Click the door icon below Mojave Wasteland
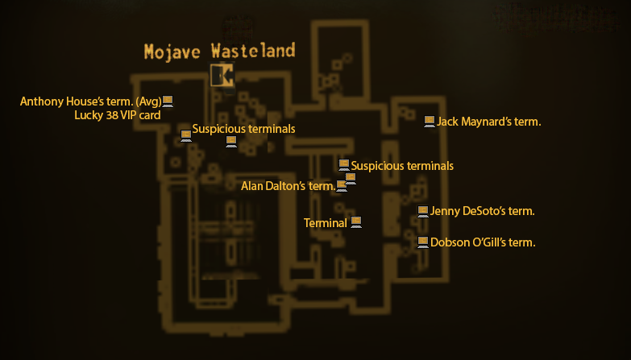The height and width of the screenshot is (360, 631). [222, 76]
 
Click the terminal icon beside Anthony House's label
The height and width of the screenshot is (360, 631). [168, 101]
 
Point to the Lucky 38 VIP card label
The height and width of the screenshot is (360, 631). [118, 115]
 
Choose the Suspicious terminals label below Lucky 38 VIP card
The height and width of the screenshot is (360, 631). [243, 129]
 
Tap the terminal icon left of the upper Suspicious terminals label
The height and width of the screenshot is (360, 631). [186, 134]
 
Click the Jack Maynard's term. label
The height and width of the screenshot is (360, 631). [488, 122]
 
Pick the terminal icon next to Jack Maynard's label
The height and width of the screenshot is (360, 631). [430, 122]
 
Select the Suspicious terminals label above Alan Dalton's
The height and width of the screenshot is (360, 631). [402, 166]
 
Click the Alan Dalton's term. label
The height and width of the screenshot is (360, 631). [288, 186]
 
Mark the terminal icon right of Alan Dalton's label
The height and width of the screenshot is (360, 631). [342, 186]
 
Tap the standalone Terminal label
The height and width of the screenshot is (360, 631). [325, 222]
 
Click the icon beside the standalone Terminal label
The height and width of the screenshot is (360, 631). [355, 221]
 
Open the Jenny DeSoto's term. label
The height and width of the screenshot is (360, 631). [482, 212]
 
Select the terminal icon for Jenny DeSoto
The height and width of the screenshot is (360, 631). [423, 212]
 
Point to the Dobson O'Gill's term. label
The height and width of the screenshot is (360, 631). [483, 242]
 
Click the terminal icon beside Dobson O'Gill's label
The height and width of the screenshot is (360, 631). [423, 242]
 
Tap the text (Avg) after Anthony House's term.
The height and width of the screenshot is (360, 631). [149, 101]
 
